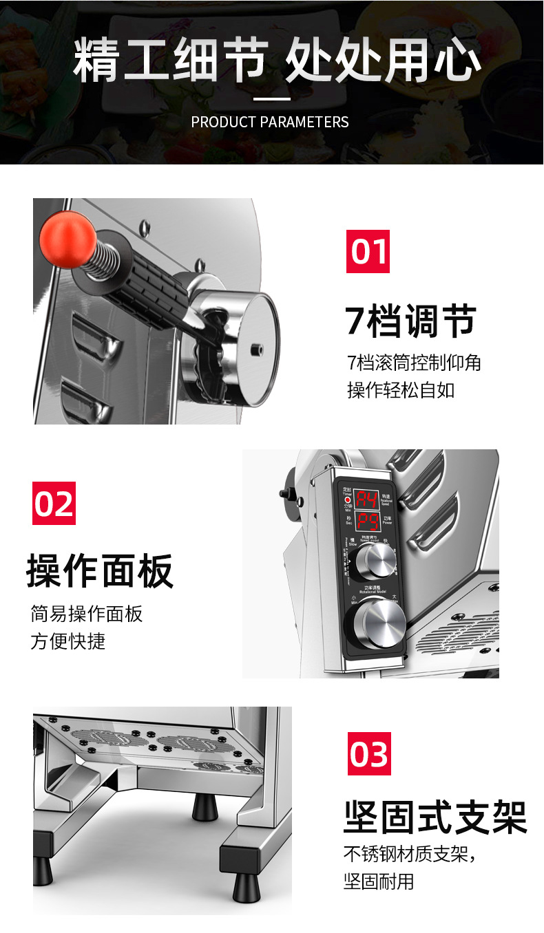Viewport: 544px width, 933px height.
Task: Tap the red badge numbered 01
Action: click(368, 251)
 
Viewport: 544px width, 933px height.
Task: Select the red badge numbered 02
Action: click(54, 503)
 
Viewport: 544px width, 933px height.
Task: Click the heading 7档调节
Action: click(411, 321)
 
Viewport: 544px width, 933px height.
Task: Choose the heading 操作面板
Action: click(100, 571)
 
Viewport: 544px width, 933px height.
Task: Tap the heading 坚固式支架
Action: click(435, 817)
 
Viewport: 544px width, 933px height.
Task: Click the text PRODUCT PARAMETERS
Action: click(270, 122)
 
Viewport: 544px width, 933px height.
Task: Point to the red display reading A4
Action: click(367, 500)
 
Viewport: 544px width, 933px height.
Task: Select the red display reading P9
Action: click(367, 522)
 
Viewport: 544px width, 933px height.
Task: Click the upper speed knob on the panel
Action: click(369, 568)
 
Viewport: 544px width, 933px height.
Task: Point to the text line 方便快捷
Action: click(68, 641)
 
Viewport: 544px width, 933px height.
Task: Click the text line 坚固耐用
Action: click(379, 881)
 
